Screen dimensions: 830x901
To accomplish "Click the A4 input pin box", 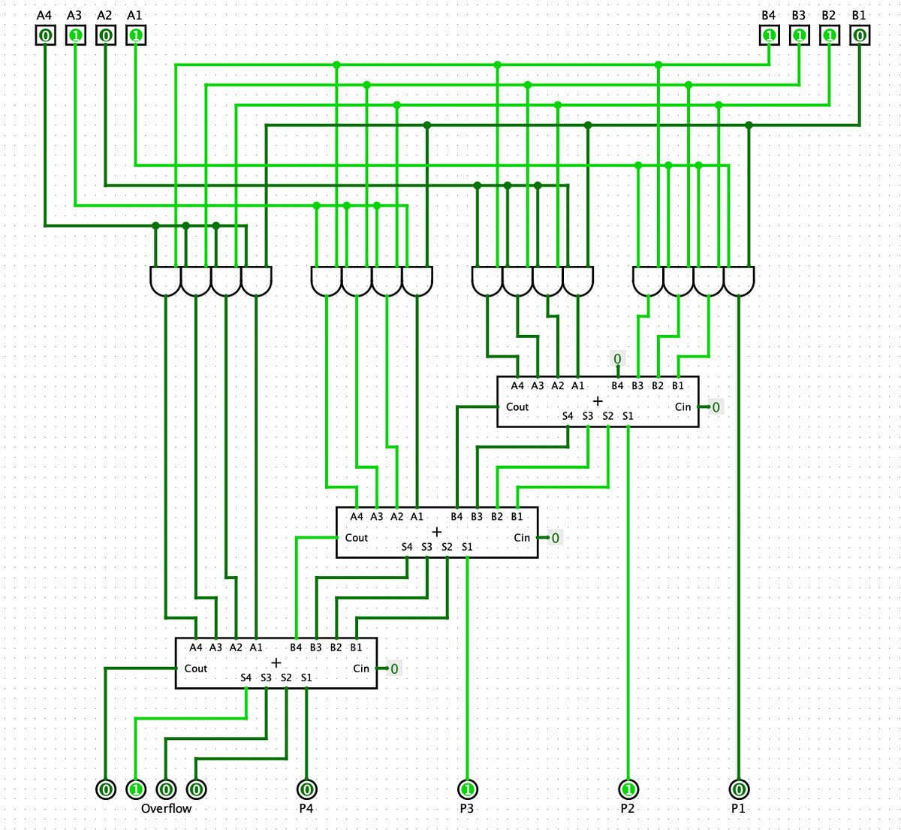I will tap(45, 35).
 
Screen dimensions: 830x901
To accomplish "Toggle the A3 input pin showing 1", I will tap(75, 35).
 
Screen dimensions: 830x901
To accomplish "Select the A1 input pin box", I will tap(135, 35).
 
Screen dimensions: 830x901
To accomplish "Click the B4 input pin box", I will tap(769, 35).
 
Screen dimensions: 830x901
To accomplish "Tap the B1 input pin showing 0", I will tap(859, 35).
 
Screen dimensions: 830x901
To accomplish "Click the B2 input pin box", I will tap(829, 35).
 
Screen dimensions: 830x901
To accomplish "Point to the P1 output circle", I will tap(739, 789).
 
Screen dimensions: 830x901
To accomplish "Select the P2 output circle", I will tap(628, 789).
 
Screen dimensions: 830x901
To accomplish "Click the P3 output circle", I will tap(467, 789).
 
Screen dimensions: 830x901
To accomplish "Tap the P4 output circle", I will tap(306, 789).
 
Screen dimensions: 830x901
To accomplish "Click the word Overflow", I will tap(166, 809).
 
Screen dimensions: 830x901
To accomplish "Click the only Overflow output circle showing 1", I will tap(136, 789).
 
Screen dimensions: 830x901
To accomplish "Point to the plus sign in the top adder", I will tap(598, 401).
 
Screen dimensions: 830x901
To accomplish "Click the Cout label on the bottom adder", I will tap(196, 669).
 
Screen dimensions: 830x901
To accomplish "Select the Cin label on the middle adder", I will tap(522, 538).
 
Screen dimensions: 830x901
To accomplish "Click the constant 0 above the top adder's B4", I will tap(617, 359).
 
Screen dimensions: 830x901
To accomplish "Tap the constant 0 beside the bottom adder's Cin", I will tap(394, 669).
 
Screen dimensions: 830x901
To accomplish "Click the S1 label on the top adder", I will tap(628, 416).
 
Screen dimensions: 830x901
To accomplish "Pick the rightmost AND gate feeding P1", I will tap(739, 282).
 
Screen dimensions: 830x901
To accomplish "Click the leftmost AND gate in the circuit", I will tap(166, 282).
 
